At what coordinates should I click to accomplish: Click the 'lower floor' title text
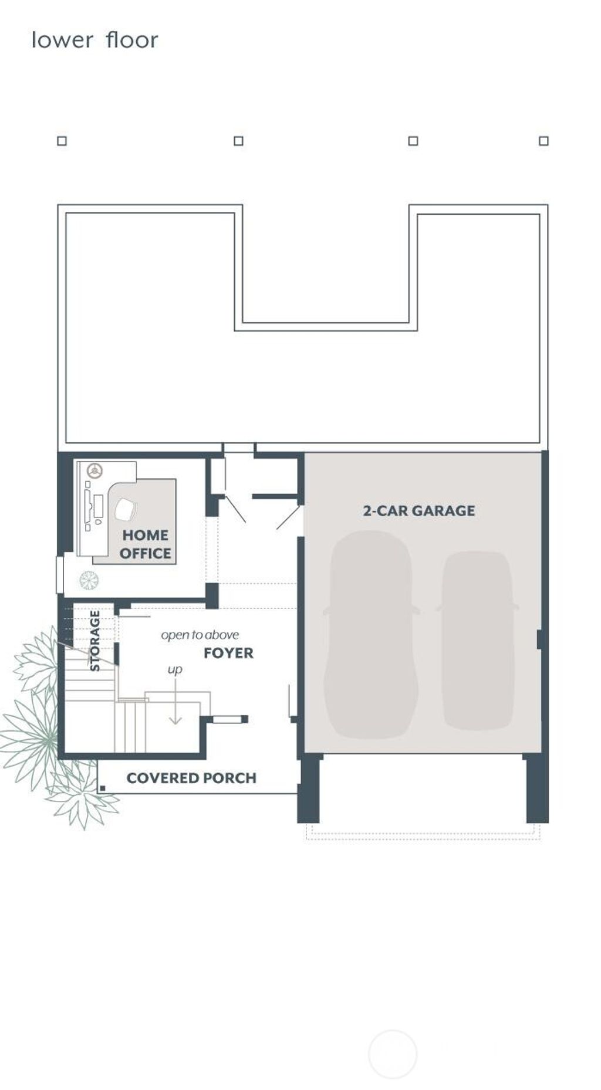(x=94, y=40)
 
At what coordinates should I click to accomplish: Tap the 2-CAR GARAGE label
(x=418, y=510)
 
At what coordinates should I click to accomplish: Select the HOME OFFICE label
(x=145, y=544)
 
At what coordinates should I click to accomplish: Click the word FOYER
(x=228, y=653)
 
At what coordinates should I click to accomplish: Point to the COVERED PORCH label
(x=191, y=778)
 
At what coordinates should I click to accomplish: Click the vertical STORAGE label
(x=94, y=641)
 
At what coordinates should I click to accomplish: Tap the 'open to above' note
(x=200, y=635)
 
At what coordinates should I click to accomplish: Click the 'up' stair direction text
(x=175, y=669)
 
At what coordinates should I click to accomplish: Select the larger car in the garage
(x=371, y=634)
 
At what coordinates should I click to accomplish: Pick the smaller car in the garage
(x=477, y=639)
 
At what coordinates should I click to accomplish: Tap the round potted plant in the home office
(x=89, y=581)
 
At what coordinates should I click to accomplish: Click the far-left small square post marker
(x=62, y=141)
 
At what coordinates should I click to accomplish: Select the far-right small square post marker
(x=543, y=141)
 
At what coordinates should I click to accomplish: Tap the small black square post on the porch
(x=103, y=788)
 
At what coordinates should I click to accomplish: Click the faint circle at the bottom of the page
(x=393, y=1054)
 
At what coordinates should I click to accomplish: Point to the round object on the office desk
(x=94, y=470)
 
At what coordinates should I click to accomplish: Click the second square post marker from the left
(x=238, y=141)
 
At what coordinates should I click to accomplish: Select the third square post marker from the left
(x=413, y=141)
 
